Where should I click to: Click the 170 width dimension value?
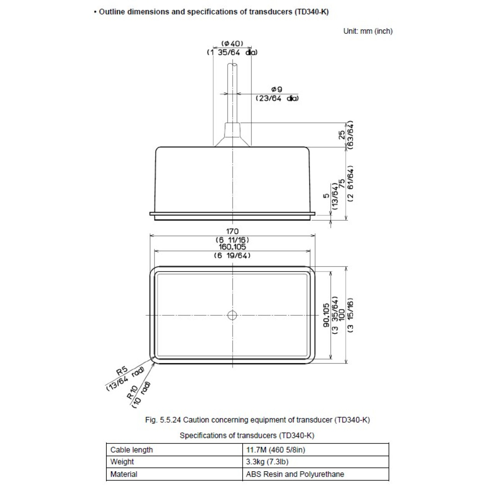point(232,231)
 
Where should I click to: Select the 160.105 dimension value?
point(232,247)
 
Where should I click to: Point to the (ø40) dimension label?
point(232,44)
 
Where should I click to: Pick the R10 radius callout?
point(132,392)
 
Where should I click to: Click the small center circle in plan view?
point(232,315)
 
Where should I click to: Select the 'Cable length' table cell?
point(131,450)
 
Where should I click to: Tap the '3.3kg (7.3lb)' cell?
point(267,462)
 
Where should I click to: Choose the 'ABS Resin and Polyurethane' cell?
point(295,474)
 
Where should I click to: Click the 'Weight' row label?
point(122,462)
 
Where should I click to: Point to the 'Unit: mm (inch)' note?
point(368,31)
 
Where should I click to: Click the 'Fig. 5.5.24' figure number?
point(163,420)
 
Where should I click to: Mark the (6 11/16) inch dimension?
point(232,240)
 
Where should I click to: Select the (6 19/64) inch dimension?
point(232,255)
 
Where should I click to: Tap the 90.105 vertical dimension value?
point(326,315)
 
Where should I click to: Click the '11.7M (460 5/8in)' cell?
point(275,450)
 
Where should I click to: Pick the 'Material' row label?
point(124,474)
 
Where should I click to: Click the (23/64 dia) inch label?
point(277,98)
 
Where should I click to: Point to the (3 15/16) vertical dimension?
point(350,315)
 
